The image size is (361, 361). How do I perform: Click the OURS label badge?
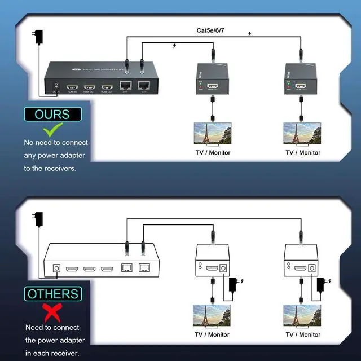click(x=52, y=115)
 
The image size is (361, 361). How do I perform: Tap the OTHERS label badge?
click(x=52, y=294)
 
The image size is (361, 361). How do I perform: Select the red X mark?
click(x=52, y=311)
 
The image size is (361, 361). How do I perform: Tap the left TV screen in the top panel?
click(x=212, y=134)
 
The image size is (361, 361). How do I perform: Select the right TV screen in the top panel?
click(x=302, y=134)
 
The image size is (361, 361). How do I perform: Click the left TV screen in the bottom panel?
click(x=212, y=316)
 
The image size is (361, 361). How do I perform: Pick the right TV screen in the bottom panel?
click(x=302, y=316)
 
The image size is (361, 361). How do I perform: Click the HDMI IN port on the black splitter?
click(x=72, y=88)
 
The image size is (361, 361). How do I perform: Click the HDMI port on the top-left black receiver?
click(x=213, y=87)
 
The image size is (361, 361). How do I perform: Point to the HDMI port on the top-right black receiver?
click(x=302, y=87)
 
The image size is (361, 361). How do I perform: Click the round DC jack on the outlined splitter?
click(x=57, y=268)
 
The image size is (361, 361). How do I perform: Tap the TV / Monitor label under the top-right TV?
click(x=302, y=152)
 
